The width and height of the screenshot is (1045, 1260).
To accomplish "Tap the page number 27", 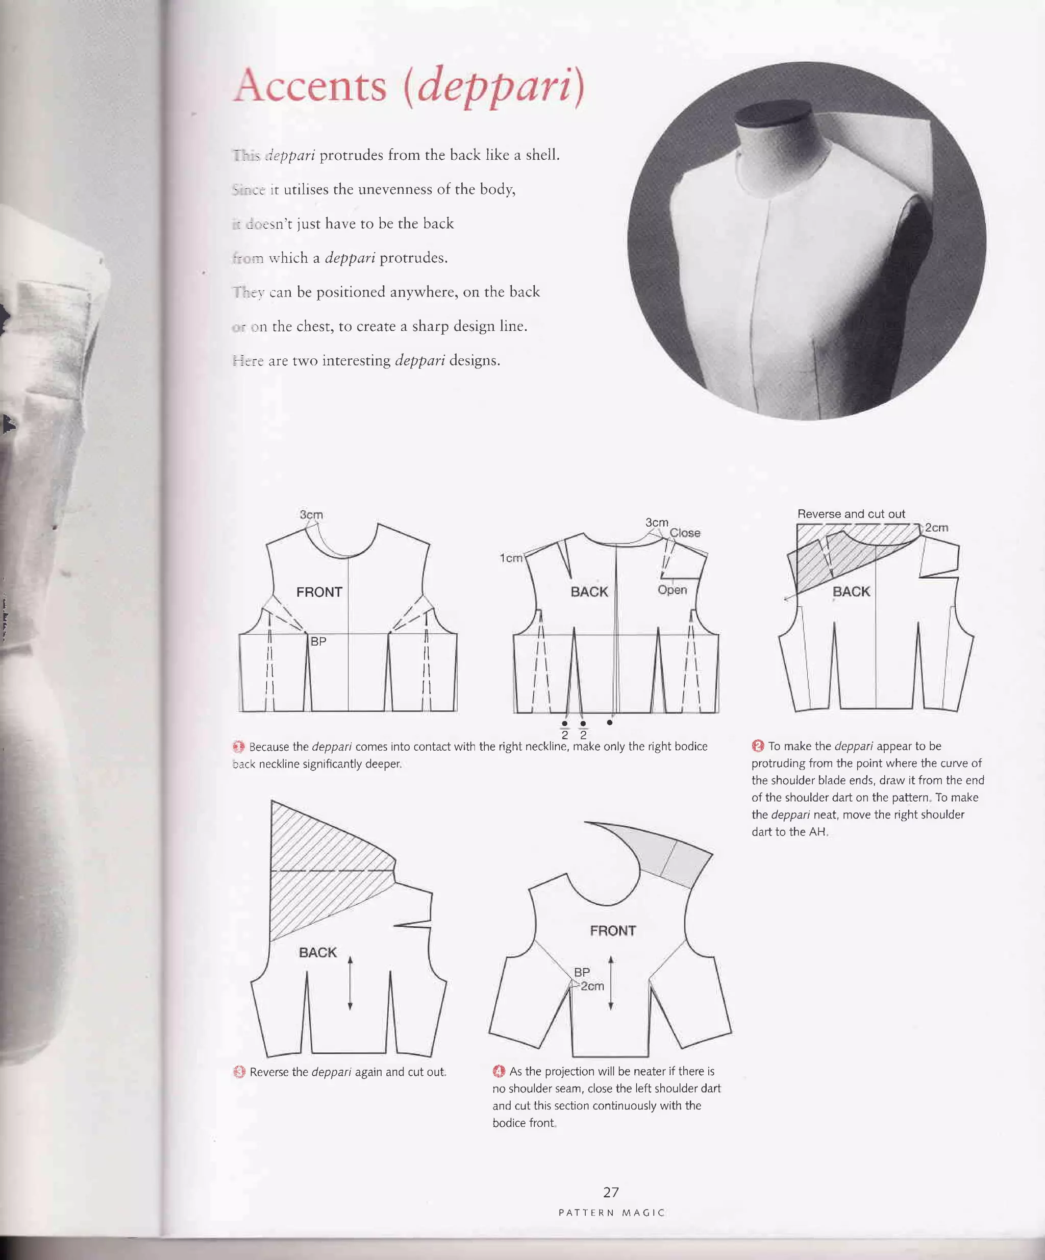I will tap(611, 1192).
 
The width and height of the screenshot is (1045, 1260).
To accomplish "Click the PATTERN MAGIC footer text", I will tap(612, 1213).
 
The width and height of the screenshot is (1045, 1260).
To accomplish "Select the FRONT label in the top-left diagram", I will tap(319, 592).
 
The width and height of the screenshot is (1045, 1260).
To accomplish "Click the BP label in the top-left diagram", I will tap(318, 641).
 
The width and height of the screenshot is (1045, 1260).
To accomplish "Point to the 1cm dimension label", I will tap(511, 558).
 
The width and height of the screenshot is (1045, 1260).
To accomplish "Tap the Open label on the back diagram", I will tap(672, 590).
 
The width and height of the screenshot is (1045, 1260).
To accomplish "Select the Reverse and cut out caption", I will tap(851, 513).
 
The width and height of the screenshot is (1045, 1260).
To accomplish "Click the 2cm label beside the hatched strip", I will tap(936, 527).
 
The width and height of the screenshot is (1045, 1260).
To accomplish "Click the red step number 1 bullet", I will tap(238, 747).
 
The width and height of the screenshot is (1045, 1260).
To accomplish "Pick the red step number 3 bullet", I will tap(239, 1072).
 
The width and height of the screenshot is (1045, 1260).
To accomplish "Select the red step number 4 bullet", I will tap(499, 1072).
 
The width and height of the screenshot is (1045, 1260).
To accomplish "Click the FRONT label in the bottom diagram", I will tap(612, 931).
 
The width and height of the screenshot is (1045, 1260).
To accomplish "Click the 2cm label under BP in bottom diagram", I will tap(592, 986).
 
